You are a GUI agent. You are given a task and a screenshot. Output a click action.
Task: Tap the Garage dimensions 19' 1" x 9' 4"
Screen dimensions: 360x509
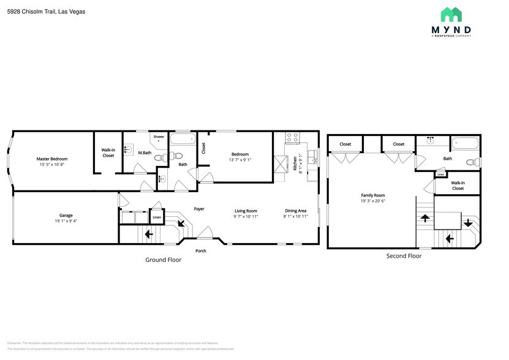click(66, 220)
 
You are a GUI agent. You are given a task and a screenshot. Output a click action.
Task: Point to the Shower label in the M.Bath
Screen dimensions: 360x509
click(159, 137)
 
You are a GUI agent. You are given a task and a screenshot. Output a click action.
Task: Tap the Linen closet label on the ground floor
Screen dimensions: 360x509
click(157, 217)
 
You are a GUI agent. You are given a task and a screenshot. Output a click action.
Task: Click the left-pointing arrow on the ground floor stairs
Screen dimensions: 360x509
click(148, 233)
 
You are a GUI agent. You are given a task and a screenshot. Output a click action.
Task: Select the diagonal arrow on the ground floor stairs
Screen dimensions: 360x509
click(181, 223)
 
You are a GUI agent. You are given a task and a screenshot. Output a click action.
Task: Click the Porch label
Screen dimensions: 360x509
click(200, 251)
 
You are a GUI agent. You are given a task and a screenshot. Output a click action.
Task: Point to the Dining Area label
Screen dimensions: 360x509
click(295, 209)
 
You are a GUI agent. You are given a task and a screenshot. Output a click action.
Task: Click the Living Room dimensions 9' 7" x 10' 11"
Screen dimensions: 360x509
click(246, 216)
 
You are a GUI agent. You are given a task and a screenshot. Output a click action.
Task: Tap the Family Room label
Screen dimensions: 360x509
click(372, 195)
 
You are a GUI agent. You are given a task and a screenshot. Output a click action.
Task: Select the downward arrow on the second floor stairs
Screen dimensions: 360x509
click(468, 223)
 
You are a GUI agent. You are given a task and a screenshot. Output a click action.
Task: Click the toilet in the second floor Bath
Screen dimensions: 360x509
click(471, 162)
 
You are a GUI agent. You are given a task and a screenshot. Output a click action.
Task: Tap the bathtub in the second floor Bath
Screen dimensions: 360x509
click(465, 144)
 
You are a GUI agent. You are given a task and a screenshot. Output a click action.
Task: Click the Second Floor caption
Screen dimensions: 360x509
click(404, 255)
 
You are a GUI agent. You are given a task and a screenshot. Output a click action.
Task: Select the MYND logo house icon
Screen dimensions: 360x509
click(451, 15)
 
